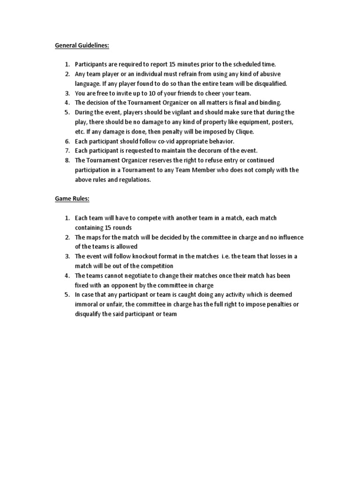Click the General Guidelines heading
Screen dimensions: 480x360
click(x=82, y=45)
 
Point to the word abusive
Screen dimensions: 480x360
click(x=271, y=74)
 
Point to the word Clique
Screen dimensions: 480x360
click(x=242, y=132)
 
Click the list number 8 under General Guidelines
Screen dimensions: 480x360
click(x=67, y=160)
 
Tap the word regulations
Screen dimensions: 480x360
click(x=135, y=180)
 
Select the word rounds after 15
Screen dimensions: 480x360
click(x=122, y=228)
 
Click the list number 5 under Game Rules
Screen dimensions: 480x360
click(x=67, y=295)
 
